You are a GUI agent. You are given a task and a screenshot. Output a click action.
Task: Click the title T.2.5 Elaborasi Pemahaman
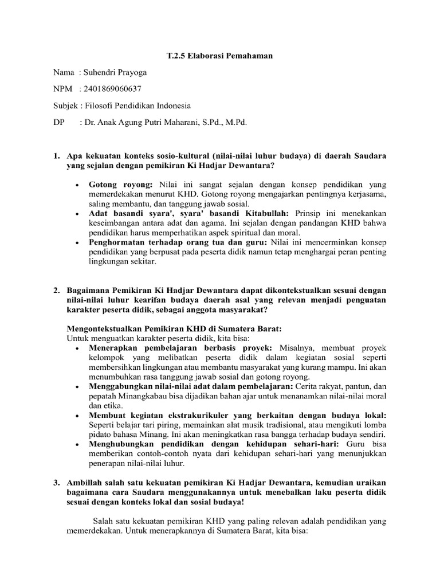219,56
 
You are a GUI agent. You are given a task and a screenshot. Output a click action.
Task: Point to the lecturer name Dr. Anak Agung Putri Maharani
154,123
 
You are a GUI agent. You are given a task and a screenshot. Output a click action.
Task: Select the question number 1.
56,156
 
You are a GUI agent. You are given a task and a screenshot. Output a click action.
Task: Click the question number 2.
56,291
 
